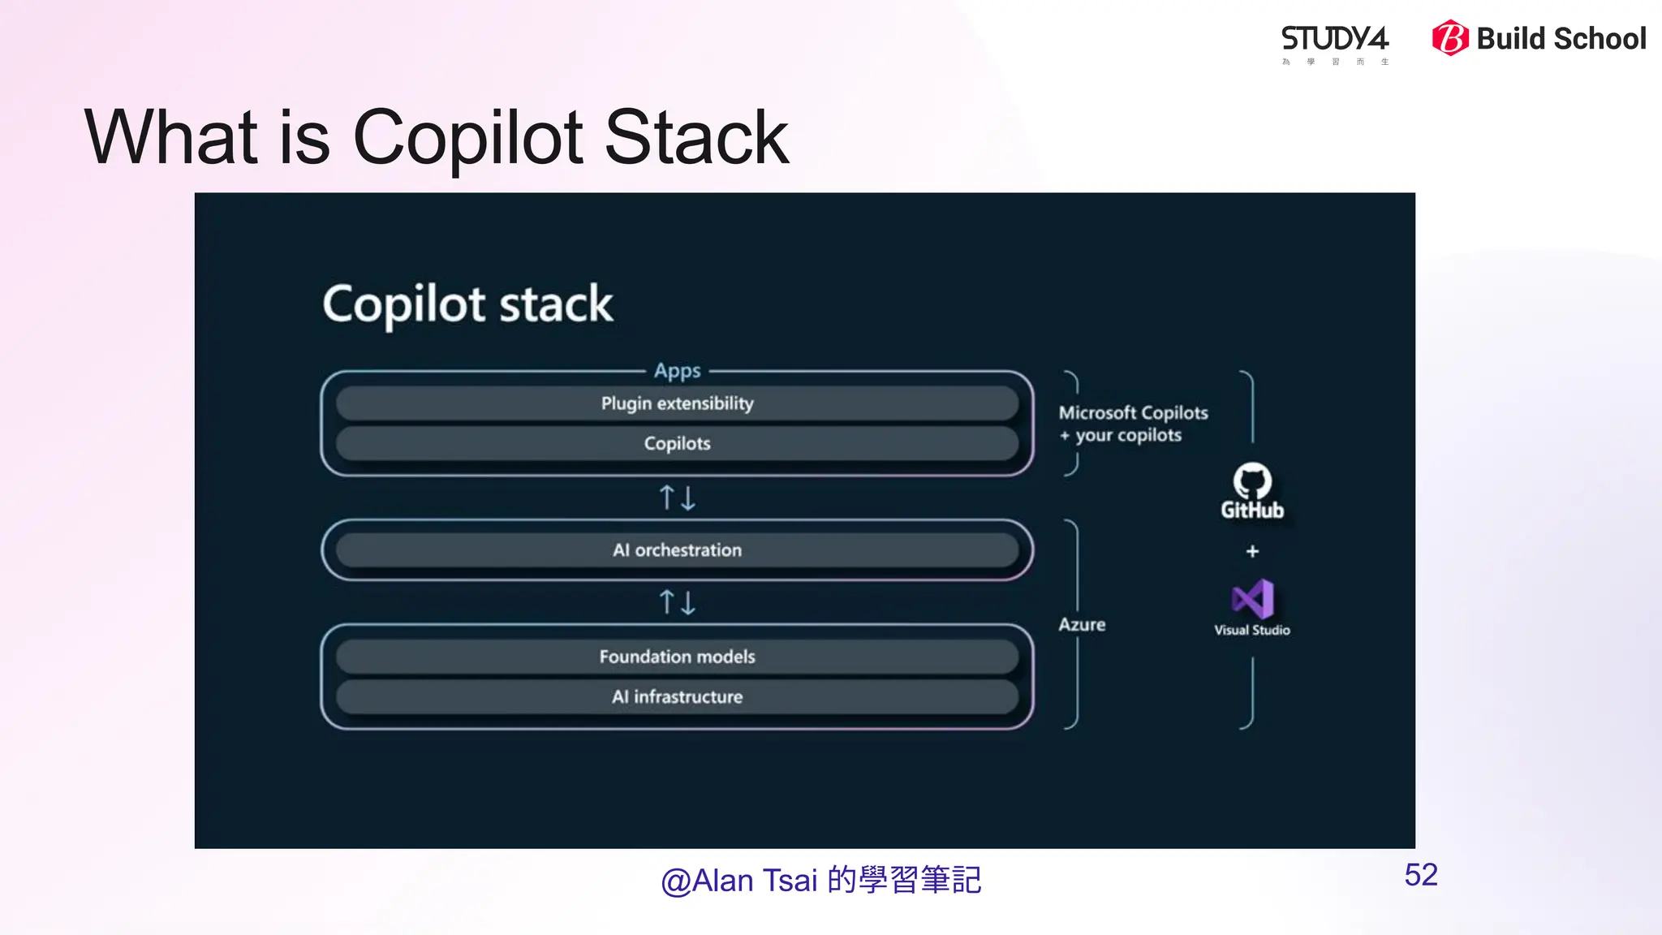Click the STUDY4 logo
(x=1335, y=41)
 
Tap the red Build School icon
(x=1449, y=38)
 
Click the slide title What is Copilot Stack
(x=437, y=137)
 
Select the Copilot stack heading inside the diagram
(x=467, y=304)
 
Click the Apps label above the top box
(x=677, y=371)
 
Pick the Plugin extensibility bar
(x=677, y=403)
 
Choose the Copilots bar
(x=677, y=443)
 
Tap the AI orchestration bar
(x=677, y=550)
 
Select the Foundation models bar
(x=677, y=657)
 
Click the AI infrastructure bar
(x=677, y=696)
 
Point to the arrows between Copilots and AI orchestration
(x=677, y=498)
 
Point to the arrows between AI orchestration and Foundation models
(x=677, y=602)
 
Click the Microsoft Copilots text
(x=1133, y=413)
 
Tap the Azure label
(x=1082, y=624)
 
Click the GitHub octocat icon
(x=1252, y=481)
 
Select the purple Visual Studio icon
(x=1252, y=600)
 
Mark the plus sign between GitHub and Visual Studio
(x=1252, y=552)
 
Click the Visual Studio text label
(x=1252, y=631)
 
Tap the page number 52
(x=1421, y=875)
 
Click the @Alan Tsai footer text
(x=820, y=881)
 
